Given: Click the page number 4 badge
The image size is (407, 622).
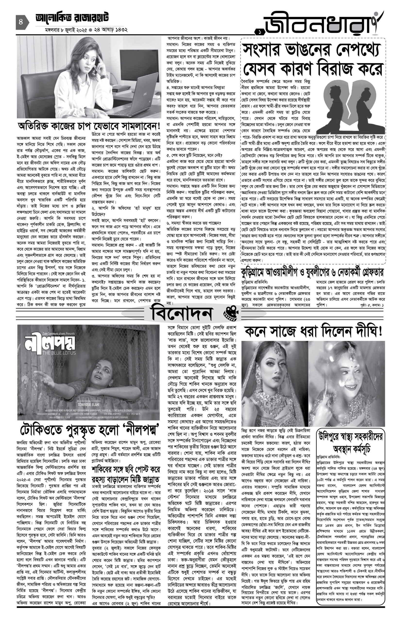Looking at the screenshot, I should coord(21,22).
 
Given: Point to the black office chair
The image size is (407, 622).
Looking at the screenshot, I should coord(42,89).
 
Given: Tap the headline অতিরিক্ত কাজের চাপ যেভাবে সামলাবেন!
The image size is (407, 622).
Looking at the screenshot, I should coord(89,127).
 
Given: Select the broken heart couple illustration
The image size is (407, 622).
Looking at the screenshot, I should coord(350,107).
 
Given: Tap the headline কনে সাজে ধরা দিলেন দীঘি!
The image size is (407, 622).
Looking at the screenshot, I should coord(313,331).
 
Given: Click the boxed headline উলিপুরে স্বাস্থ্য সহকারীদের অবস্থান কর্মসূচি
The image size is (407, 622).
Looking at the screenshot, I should coord(351,443).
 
